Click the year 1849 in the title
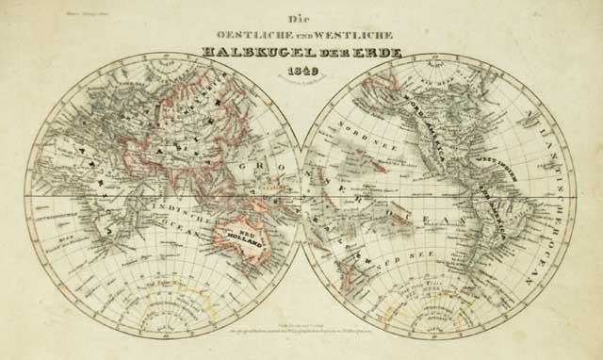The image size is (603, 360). pyautogui.click(x=301, y=74)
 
